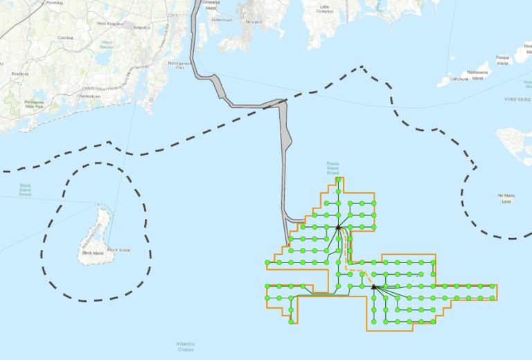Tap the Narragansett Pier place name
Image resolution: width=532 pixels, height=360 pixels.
point(180,66)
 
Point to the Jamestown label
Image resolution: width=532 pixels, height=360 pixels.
point(221,20)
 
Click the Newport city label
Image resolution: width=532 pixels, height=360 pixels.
point(254,21)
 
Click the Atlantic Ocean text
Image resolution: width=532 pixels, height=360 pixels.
point(186,346)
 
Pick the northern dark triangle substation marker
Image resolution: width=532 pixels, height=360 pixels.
point(338,226)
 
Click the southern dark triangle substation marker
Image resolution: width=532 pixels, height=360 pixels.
point(373,286)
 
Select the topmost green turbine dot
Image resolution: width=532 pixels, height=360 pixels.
point(338,180)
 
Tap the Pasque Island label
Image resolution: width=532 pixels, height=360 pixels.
point(502,60)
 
